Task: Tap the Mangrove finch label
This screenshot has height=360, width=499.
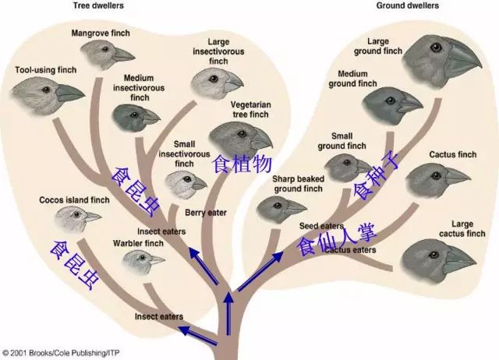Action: coord(101,34)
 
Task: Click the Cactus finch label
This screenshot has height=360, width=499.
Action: coord(452,154)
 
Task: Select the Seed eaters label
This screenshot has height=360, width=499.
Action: coord(320,226)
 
